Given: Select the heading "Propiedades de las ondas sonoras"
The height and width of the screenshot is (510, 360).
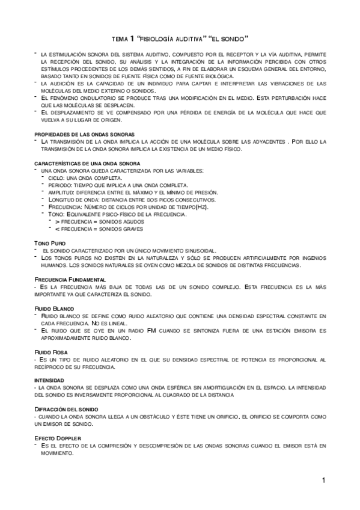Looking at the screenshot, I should pos(84,134).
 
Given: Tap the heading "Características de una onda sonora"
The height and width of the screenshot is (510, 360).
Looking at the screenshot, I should pos(87,163).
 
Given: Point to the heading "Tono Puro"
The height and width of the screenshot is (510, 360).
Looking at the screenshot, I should pos(50,242).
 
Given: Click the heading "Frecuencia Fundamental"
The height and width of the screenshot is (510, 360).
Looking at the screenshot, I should pos(70,280).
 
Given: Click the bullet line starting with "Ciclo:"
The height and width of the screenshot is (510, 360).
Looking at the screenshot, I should pos(84,177).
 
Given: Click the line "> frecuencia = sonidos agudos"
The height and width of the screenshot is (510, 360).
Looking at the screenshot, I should pos(100,221).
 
